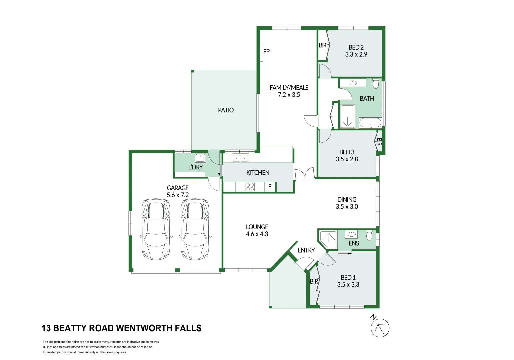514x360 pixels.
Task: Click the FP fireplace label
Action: click(266, 52)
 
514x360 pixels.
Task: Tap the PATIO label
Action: click(226, 110)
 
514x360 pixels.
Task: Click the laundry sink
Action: click(200, 158)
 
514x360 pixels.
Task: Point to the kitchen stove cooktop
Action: click(250, 187)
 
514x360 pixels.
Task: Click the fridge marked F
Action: click(270, 187)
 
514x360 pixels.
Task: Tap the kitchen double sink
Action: click(240, 158)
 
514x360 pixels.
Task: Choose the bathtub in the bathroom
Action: click(370, 123)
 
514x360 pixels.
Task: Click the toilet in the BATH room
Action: click(376, 83)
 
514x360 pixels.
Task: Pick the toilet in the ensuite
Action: click(369, 235)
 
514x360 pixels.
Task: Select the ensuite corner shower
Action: click(328, 239)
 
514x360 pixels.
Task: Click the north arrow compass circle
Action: click(380, 328)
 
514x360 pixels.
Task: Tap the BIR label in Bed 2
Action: click(322, 45)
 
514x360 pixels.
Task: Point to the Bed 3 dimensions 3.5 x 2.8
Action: click(347, 159)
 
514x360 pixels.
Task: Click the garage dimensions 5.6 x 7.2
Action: click(178, 195)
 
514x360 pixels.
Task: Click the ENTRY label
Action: click(306, 250)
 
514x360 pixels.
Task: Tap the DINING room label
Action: click(347, 200)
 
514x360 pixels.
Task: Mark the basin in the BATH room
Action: click(353, 83)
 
